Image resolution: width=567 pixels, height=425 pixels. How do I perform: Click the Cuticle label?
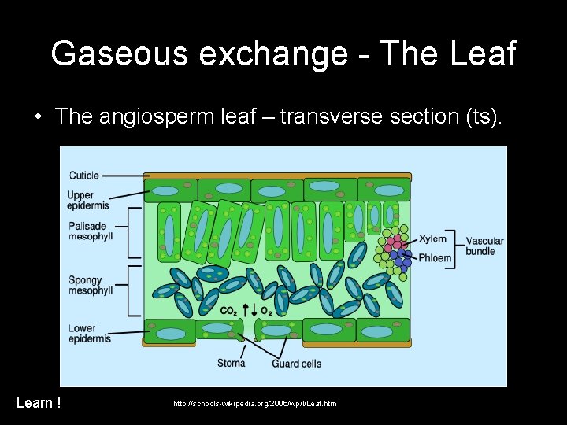click(84, 175)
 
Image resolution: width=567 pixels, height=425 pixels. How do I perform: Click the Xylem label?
click(432, 238)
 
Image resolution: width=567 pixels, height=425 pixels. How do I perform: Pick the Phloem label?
click(435, 257)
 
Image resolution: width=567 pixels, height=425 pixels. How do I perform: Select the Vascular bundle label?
click(484, 246)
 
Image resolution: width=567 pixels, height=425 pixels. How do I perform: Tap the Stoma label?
click(232, 363)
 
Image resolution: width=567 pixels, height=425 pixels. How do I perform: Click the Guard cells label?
click(296, 364)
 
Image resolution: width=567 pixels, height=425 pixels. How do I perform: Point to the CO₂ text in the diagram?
click(229, 311)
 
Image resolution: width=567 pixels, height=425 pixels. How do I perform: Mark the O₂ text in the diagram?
click(265, 311)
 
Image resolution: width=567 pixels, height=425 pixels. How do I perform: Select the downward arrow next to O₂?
click(254, 310)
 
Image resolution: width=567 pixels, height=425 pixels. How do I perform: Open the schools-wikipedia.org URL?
click(254, 404)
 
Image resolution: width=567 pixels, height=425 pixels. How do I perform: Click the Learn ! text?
click(39, 403)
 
